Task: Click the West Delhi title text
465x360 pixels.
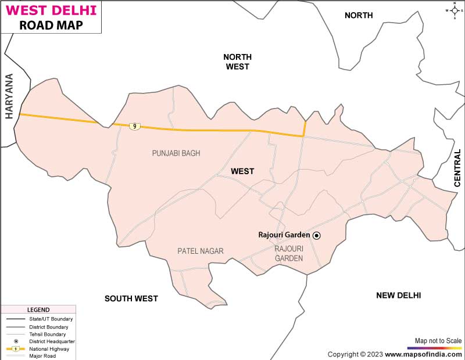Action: [51, 11]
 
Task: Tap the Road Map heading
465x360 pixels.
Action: [51, 26]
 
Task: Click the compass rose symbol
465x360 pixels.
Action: [456, 10]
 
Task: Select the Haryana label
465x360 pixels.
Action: [9, 96]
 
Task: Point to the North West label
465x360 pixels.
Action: [237, 62]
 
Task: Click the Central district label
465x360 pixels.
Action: [457, 168]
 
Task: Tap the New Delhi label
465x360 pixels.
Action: [399, 296]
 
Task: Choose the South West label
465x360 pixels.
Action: [131, 298]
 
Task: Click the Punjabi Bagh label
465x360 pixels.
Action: [176, 153]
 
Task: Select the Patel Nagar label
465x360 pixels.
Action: [201, 251]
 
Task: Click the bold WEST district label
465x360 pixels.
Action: [242, 171]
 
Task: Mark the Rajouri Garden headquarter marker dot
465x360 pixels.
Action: [317, 235]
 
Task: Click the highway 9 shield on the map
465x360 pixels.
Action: [134, 126]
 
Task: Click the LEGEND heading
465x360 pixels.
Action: [38, 310]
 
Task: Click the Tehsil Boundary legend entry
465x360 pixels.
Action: [47, 334]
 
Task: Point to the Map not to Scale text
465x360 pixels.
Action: [438, 341]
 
